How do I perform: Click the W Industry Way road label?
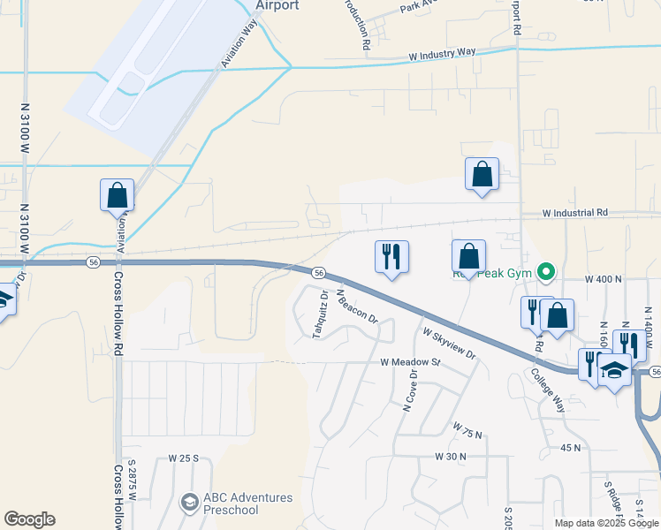[x=442, y=55]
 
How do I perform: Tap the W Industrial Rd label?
[x=575, y=213]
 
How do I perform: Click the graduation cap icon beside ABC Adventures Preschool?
[x=187, y=503]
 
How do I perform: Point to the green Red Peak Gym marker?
[x=546, y=272]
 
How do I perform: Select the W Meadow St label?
[x=410, y=362]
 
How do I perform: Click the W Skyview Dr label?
[x=449, y=344]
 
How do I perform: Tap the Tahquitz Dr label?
[x=319, y=314]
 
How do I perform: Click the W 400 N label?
[x=605, y=278]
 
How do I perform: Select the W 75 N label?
[x=467, y=432]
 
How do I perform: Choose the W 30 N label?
[x=450, y=456]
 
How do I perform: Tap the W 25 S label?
[x=184, y=459]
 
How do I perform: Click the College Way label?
[x=547, y=390]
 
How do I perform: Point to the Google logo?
[x=29, y=519]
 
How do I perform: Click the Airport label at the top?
[x=277, y=5]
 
